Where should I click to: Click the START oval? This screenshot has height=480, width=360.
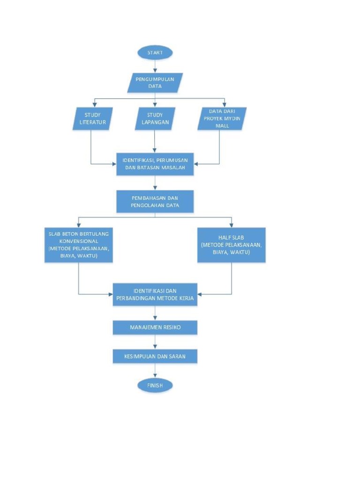pyautogui.click(x=155, y=52)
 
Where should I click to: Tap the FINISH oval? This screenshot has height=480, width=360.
pyautogui.click(x=155, y=385)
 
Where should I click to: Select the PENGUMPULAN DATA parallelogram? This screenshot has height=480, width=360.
pyautogui.click(x=155, y=82)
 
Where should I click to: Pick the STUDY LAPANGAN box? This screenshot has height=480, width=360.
pyautogui.click(x=155, y=119)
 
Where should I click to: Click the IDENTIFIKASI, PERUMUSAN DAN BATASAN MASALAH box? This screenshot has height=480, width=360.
pyautogui.click(x=155, y=164)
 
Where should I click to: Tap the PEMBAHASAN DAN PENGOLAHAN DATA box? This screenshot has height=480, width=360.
pyautogui.click(x=155, y=202)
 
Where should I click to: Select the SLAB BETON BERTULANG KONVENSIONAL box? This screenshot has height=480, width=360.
pyautogui.click(x=79, y=245)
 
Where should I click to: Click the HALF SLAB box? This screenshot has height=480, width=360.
pyautogui.click(x=232, y=245)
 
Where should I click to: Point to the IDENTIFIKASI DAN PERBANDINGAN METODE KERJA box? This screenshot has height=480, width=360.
pyautogui.click(x=155, y=294)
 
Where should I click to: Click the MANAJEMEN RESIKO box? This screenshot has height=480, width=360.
pyautogui.click(x=155, y=328)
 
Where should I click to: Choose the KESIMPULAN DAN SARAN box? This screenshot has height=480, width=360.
pyautogui.click(x=155, y=356)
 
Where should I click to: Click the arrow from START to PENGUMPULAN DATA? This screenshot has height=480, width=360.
pyautogui.click(x=155, y=66)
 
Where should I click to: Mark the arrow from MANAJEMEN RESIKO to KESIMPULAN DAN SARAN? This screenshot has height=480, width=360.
pyautogui.click(x=155, y=342)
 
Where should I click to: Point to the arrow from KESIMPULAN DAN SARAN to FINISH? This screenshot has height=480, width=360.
pyautogui.click(x=155, y=371)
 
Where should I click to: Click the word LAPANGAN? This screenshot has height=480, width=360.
pyautogui.click(x=155, y=123)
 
